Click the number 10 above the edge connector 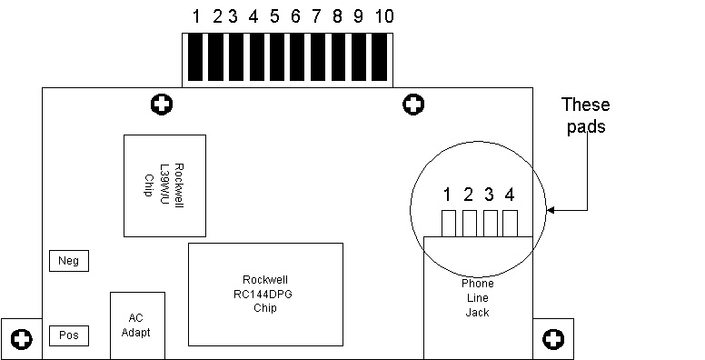coord(384,16)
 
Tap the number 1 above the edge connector coord(196,16)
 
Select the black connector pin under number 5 coord(277,57)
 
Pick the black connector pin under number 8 coord(339,57)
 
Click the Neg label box coord(69,261)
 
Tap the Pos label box coord(69,335)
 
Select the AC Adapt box coord(137,325)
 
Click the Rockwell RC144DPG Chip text coord(263,294)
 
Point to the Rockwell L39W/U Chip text coord(164,185)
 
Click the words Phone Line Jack coord(478,298)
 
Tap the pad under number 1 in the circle coord(449,224)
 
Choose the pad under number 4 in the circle coord(511,224)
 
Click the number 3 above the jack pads coord(489,195)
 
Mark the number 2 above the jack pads coord(469,195)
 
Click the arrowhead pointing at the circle coord(551,210)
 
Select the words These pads coord(586,115)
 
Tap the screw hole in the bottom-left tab coord(21,339)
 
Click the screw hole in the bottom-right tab coord(553,339)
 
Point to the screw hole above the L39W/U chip coord(162,105)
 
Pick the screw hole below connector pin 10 coord(413,105)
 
